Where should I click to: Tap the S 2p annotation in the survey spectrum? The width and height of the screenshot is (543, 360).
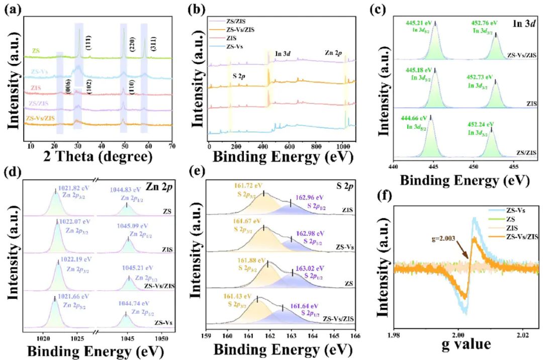242,76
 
